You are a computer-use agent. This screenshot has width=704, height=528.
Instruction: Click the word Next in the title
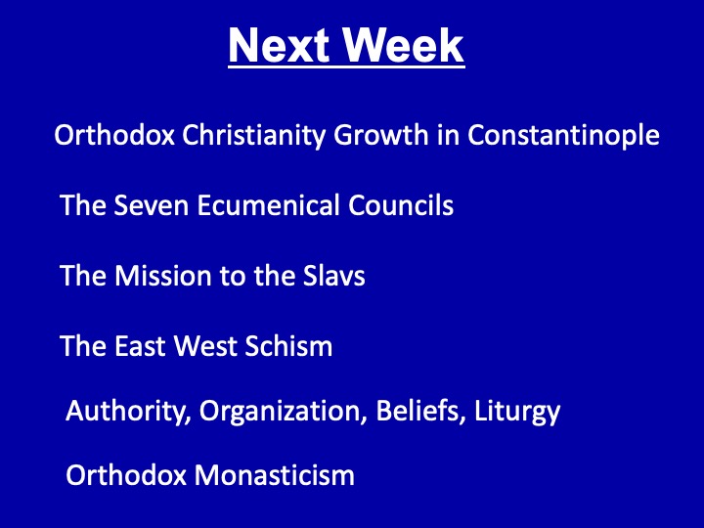pyautogui.click(x=280, y=45)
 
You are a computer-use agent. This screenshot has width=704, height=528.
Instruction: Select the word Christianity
pyautogui.click(x=253, y=135)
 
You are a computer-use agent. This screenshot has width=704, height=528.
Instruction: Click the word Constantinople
pyautogui.click(x=563, y=135)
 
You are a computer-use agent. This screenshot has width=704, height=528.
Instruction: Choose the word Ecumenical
pyautogui.click(x=268, y=204)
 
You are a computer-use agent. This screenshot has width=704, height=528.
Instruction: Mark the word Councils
pyautogui.click(x=401, y=204)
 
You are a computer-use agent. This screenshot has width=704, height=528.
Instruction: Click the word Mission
pyautogui.click(x=162, y=275)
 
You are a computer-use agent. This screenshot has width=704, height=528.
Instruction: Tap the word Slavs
pyautogui.click(x=333, y=275)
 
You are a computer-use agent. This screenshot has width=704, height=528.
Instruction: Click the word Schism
pyautogui.click(x=288, y=346)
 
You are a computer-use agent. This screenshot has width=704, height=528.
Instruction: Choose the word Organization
pyautogui.click(x=281, y=412)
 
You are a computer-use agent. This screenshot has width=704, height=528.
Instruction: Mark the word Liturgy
pyautogui.click(x=517, y=412)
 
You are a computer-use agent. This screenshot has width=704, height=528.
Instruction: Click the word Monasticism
pyautogui.click(x=275, y=475)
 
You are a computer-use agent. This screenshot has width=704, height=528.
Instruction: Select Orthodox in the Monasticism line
pyautogui.click(x=126, y=475)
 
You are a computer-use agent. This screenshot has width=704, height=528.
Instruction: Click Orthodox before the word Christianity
pyautogui.click(x=114, y=134)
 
